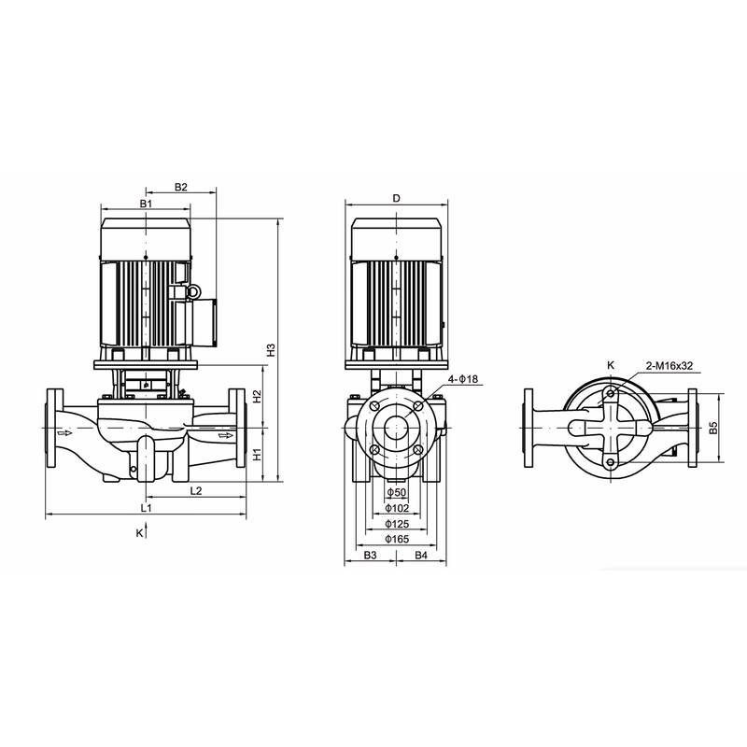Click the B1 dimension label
point(146,203)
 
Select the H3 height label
point(271,352)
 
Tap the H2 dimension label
point(255,396)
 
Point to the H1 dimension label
point(255,456)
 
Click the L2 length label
point(197,489)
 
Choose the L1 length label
point(146,507)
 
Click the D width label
point(396,198)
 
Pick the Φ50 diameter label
point(396,492)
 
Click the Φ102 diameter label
point(396,508)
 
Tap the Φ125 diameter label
point(396,524)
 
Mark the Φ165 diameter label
point(396,540)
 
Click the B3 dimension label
point(370,556)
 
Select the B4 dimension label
point(421,556)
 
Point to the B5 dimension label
point(712,428)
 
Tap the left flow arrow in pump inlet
point(63,433)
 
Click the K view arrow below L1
point(145,532)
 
